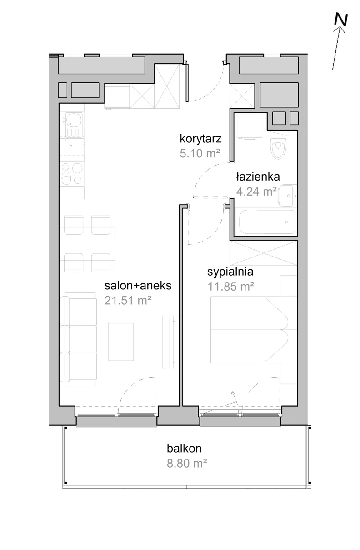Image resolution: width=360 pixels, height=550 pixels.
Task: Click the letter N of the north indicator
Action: tap(341, 20)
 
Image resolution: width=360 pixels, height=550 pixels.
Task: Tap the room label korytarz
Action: tap(200, 139)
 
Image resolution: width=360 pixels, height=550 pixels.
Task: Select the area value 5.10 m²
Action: tap(200, 153)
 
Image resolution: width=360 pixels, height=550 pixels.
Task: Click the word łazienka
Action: tap(258, 177)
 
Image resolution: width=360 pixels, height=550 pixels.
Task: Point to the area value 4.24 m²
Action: tap(256, 191)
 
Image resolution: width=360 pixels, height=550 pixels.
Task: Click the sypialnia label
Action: tap(230, 272)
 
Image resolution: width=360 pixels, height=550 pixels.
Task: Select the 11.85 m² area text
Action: tap(230, 286)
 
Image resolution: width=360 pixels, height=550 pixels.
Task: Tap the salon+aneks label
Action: tap(138, 286)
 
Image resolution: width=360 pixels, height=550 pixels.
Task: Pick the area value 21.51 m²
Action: tap(128, 300)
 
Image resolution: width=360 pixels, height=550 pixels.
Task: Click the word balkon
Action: tap(184, 449)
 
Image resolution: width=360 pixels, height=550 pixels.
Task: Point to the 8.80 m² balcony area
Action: tap(187, 463)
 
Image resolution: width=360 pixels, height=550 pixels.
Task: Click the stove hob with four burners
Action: tap(72, 174)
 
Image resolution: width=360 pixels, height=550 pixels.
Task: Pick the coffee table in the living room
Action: tap(121, 342)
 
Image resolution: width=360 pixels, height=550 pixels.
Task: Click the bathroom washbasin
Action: tap(287, 196)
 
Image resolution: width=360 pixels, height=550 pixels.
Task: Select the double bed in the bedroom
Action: tap(254, 330)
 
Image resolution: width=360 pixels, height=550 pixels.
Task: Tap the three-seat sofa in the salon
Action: tap(78, 339)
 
